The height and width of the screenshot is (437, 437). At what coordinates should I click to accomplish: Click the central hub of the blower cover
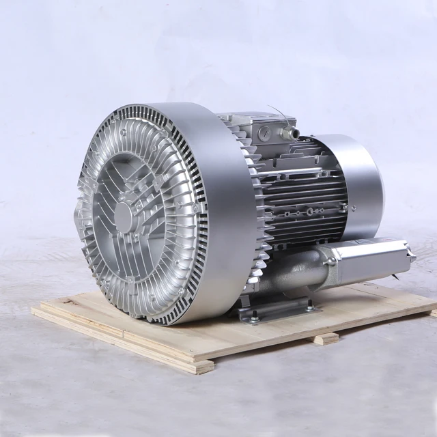123,216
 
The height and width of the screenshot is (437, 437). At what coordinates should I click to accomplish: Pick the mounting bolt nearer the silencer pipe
310,308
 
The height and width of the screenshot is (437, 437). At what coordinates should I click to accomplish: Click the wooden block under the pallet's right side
326,338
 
